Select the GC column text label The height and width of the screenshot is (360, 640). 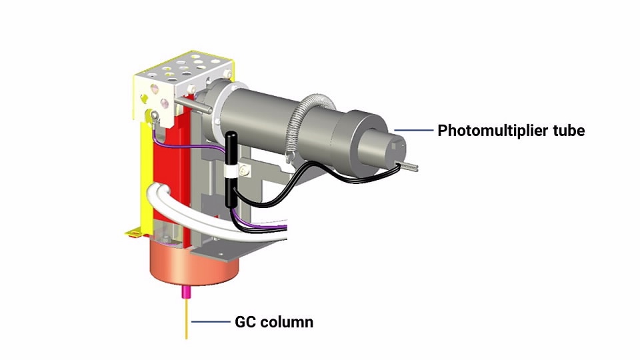273,323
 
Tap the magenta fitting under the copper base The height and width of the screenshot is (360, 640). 186,291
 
